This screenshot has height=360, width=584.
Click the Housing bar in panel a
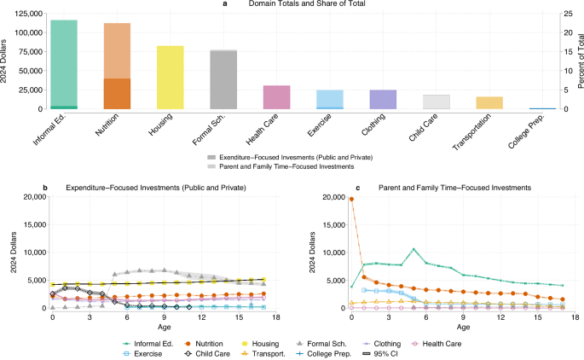[171, 78]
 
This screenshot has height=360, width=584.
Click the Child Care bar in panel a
[436, 102]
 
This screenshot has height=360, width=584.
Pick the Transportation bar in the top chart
[489, 103]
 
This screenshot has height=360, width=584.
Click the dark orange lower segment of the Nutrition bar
[117, 94]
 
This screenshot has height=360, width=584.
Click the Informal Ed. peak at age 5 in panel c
[413, 250]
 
